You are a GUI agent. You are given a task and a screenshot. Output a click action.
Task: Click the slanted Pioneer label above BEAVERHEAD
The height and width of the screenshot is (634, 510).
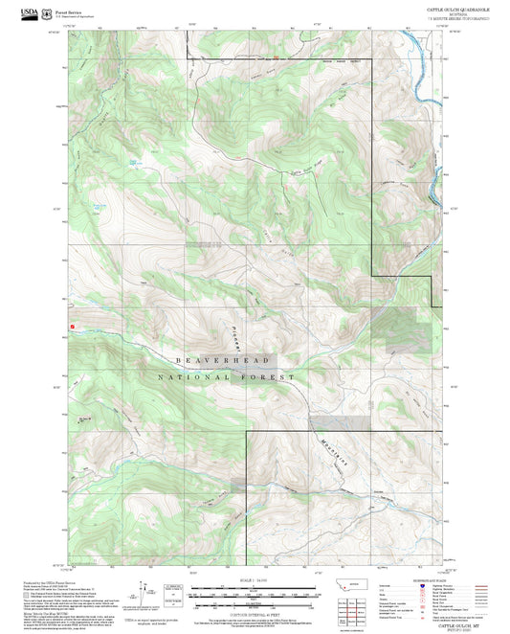[x=233, y=335]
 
